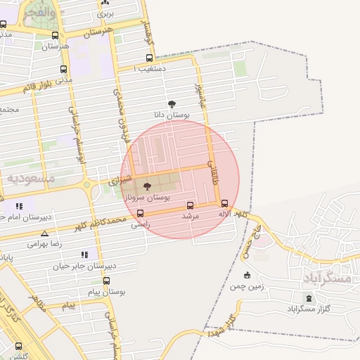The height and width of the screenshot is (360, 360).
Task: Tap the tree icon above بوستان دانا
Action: pos(172,104)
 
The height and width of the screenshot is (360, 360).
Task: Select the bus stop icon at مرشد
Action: pos(190,205)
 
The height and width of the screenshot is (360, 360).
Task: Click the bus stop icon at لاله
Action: pos(224,203)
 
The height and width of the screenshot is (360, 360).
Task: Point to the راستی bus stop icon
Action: pos(140,213)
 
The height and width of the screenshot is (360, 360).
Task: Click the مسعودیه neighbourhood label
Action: pos(31,179)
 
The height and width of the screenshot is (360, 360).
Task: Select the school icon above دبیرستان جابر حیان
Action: pos(84,255)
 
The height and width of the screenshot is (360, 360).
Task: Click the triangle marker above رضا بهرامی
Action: pos(45,233)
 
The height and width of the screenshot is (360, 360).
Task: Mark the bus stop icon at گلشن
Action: pos(18,346)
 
